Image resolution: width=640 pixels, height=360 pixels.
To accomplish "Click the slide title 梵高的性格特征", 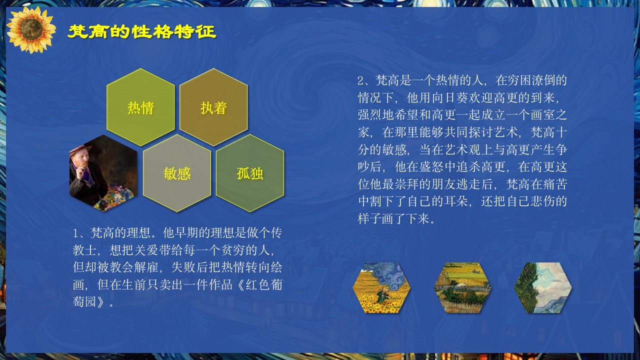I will click(x=141, y=32).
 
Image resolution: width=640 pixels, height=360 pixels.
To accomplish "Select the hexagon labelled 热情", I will click(x=140, y=107).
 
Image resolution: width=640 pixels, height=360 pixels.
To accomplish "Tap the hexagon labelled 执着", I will click(x=213, y=107).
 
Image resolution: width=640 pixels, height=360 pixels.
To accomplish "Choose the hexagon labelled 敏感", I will click(x=177, y=173).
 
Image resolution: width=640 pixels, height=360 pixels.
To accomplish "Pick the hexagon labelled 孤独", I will click(x=250, y=173).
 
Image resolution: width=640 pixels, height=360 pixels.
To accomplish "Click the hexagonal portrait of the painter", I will click(x=103, y=173).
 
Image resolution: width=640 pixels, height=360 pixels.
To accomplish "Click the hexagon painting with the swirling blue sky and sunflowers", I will click(x=381, y=288).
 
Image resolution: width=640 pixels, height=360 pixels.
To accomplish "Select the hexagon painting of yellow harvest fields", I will click(x=462, y=288).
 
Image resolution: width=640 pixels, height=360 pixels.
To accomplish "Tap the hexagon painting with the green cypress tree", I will click(x=543, y=288).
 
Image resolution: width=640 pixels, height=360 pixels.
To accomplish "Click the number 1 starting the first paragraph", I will click(x=76, y=233).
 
